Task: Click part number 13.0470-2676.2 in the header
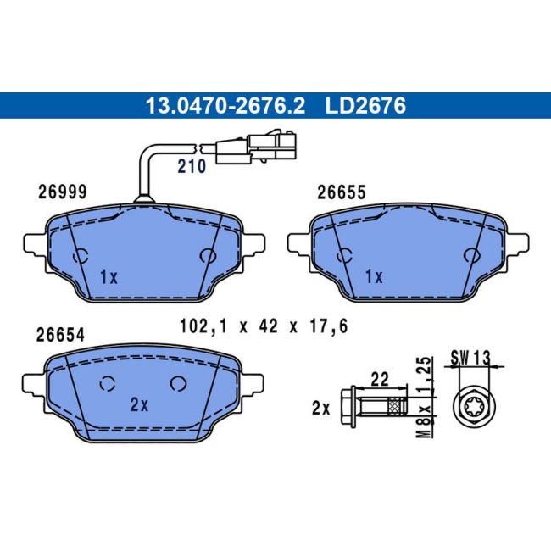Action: pyautogui.click(x=225, y=105)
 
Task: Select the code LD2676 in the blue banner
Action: pyautogui.click(x=365, y=105)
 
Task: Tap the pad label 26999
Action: pyautogui.click(x=62, y=192)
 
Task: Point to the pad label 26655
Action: pyautogui.click(x=342, y=192)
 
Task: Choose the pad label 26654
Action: pyautogui.click(x=60, y=335)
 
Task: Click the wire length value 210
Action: pyautogui.click(x=192, y=166)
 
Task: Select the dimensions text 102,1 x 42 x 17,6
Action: pyautogui.click(x=264, y=326)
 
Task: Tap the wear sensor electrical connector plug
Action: pyautogui.click(x=256, y=148)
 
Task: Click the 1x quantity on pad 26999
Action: pyautogui.click(x=109, y=277)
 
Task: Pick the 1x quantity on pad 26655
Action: pyautogui.click(x=374, y=277)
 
